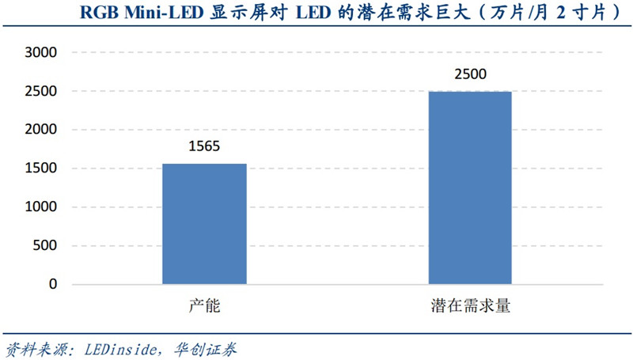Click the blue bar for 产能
pyautogui.click(x=204, y=224)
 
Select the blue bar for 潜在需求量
pyautogui.click(x=470, y=188)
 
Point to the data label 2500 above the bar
pyautogui.click(x=470, y=75)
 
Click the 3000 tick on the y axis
pyautogui.click(x=42, y=52)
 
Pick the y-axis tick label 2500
pyautogui.click(x=42, y=91)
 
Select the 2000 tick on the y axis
pyautogui.click(x=42, y=130)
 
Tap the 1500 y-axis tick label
pyautogui.click(x=42, y=169)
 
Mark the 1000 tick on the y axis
pyautogui.click(x=42, y=207)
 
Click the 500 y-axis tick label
pyautogui.click(x=46, y=245)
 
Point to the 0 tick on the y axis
pyautogui.click(x=53, y=284)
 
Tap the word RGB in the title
pyautogui.click(x=100, y=13)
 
